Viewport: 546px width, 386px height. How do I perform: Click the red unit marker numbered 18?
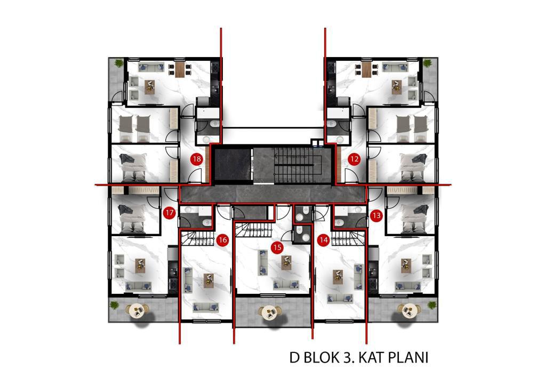pyautogui.click(x=197, y=159)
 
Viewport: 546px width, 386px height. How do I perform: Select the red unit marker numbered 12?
pyautogui.click(x=354, y=159)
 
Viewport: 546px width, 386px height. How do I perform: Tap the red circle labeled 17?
pyautogui.click(x=169, y=213)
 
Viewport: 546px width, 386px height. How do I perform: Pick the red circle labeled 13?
pyautogui.click(x=376, y=216)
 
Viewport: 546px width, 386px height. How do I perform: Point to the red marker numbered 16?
pyautogui.click(x=222, y=240)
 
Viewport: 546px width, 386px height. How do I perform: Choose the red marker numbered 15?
pyautogui.click(x=277, y=247)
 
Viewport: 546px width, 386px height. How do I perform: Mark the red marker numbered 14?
pyautogui.click(x=324, y=240)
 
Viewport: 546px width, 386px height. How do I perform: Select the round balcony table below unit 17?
pyautogui.click(x=136, y=310)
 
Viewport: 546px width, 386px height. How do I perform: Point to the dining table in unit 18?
pyautogui.click(x=180, y=69)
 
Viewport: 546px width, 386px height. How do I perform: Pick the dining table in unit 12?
pyautogui.click(x=366, y=69)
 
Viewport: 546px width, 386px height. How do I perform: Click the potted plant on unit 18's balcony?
pyautogui.click(x=119, y=63)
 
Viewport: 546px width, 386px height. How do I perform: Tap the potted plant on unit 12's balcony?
pyautogui.click(x=427, y=63)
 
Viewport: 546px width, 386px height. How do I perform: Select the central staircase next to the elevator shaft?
pyautogui.click(x=299, y=164)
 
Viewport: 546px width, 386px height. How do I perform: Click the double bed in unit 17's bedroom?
pyautogui.click(x=132, y=219)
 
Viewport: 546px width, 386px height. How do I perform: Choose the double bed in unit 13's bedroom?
pyautogui.click(x=414, y=219)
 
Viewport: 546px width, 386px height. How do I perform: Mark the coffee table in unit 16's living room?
pyautogui.click(x=208, y=280)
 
